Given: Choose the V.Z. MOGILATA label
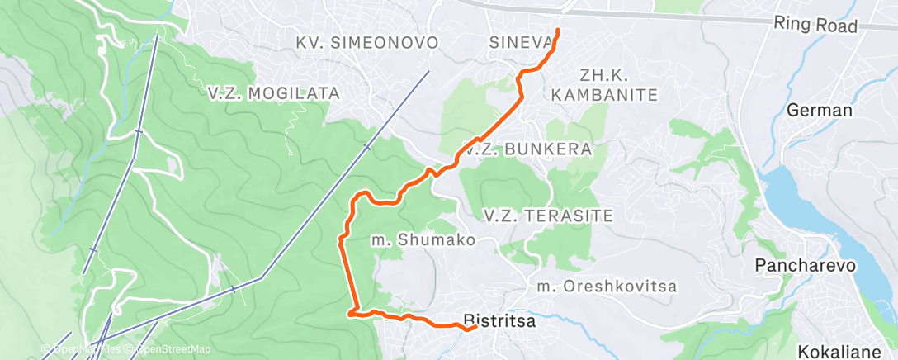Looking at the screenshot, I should [x=274, y=93].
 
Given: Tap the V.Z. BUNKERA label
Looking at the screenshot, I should [x=528, y=150].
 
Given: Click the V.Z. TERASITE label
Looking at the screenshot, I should [x=548, y=216].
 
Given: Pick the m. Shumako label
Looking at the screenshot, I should [x=423, y=240].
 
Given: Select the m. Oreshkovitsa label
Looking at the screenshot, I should [x=607, y=287].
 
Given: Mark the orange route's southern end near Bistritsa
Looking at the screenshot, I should [x=475, y=328].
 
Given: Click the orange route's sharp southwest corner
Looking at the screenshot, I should [x=351, y=313].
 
